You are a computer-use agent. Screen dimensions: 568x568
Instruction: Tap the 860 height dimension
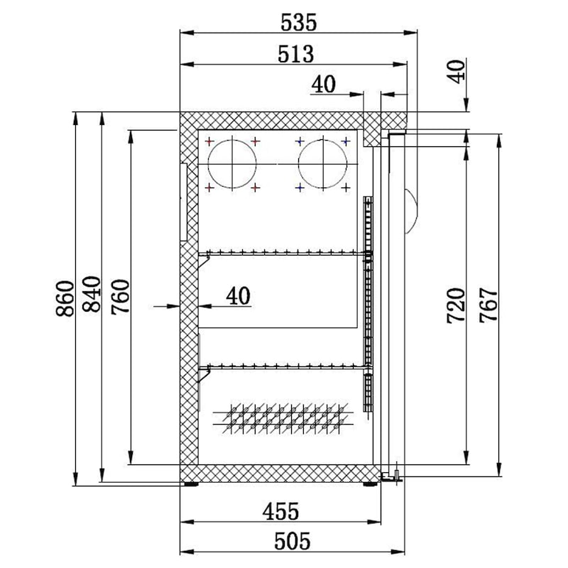tap(65, 299)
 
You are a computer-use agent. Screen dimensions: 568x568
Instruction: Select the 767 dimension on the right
tap(488, 305)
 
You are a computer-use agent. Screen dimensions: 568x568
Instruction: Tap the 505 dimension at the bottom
tap(292, 542)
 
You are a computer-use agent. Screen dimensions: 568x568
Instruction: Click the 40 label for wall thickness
tap(239, 295)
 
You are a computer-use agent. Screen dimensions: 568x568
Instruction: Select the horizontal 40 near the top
tap(323, 84)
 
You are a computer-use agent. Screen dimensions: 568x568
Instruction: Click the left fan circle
tap(231, 165)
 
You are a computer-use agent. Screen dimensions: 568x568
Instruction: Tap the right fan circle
tap(323, 165)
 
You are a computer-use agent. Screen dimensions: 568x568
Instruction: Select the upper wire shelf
tap(284, 253)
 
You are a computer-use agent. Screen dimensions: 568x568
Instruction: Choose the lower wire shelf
tap(284, 366)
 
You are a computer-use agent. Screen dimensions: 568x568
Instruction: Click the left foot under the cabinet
tap(191, 485)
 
